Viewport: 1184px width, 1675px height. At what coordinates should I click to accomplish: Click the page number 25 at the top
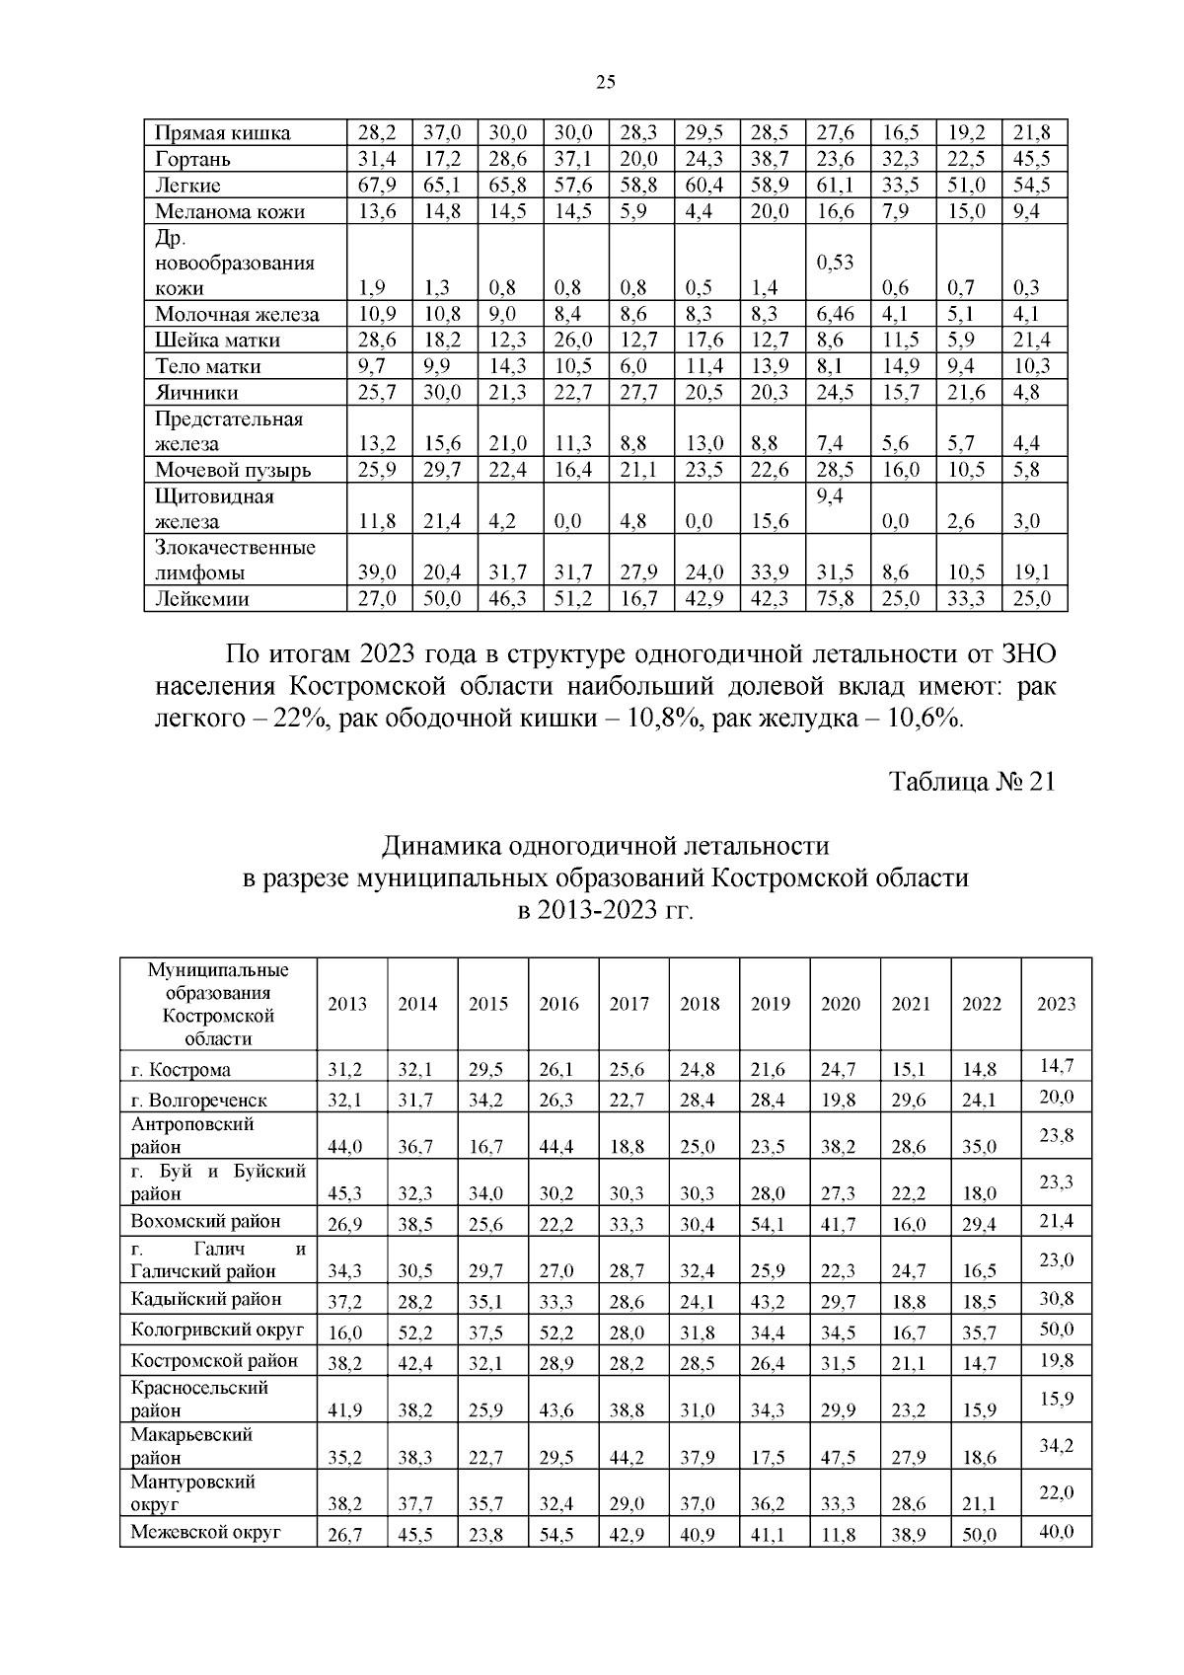[x=606, y=82]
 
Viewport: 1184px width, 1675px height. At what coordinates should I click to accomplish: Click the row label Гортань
[x=193, y=159]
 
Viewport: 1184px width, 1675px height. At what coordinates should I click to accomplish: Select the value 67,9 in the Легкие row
[x=376, y=186]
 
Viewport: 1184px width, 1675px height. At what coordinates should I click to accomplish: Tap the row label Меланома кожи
[x=230, y=211]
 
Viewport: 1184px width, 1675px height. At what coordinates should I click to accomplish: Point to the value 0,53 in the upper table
[x=835, y=263]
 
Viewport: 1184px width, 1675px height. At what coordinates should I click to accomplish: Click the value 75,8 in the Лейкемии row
[x=835, y=598]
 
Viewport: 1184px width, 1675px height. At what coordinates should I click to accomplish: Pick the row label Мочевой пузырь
[x=234, y=470]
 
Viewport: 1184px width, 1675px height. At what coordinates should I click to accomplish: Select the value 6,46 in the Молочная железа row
[x=835, y=315]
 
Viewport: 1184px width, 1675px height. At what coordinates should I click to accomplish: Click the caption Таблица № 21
[x=972, y=782]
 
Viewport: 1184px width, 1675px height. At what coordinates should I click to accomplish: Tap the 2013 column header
[x=347, y=1004]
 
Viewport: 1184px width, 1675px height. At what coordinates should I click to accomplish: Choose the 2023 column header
[x=1056, y=1004]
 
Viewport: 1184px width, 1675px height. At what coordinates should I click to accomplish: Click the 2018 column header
[x=700, y=1004]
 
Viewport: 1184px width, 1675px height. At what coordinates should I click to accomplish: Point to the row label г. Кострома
[x=182, y=1070]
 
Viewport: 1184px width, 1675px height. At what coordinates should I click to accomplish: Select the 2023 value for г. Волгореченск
[x=1056, y=1097]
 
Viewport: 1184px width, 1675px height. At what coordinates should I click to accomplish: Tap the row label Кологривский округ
[x=217, y=1330]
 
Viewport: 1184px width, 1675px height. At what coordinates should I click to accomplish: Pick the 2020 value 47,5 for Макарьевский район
[x=840, y=1459]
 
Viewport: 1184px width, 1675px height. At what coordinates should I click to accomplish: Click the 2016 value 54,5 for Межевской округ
[x=558, y=1535]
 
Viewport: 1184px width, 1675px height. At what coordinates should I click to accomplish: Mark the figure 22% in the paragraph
[x=293, y=720]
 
